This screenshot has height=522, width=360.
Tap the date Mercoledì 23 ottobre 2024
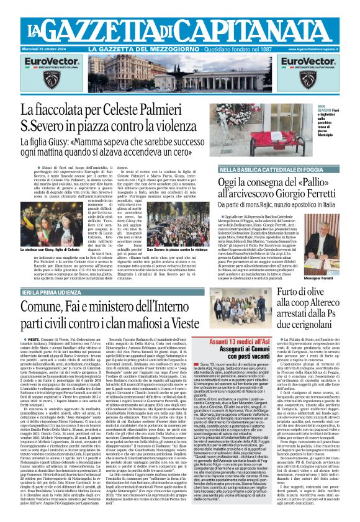[49, 48]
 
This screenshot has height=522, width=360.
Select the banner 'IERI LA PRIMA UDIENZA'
[55, 292]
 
